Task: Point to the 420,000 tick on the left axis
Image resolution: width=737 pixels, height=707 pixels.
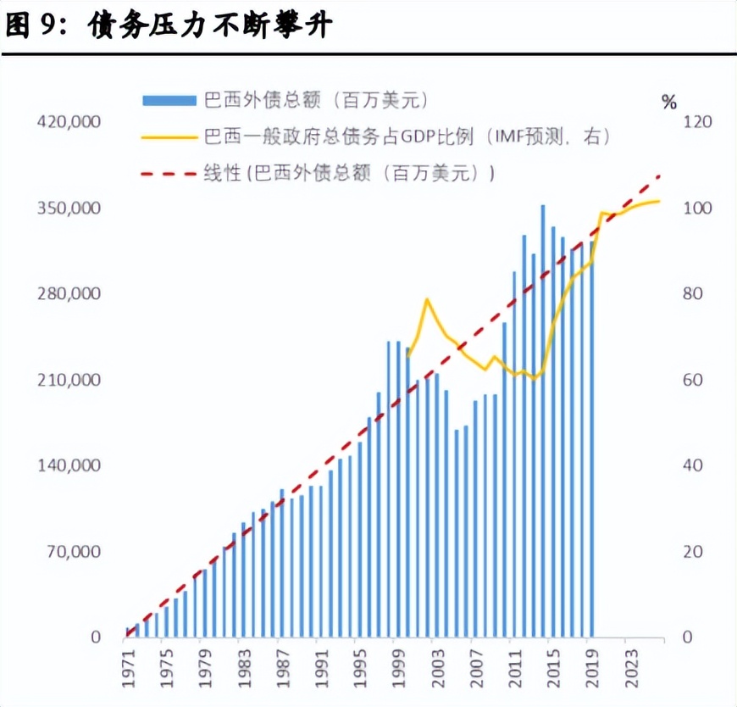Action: [69, 122]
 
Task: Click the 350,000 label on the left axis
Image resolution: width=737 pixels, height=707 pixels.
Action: [69, 209]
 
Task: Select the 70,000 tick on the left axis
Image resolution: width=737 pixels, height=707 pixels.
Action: [73, 552]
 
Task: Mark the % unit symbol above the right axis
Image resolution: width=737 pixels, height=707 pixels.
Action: [669, 103]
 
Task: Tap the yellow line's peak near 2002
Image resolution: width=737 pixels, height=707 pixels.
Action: [427, 299]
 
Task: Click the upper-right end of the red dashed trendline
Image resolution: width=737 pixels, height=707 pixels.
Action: [659, 176]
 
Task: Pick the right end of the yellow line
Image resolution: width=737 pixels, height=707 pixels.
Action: [658, 201]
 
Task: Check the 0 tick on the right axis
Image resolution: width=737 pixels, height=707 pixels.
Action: [687, 637]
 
